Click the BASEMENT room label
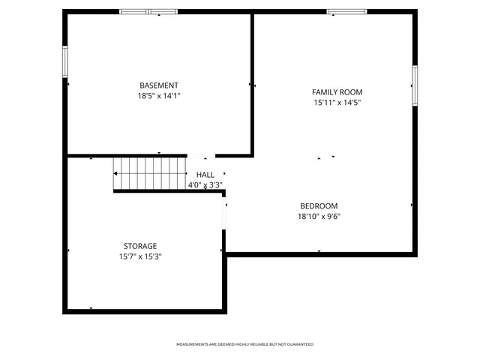coord(159,85)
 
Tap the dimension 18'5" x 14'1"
coord(159,96)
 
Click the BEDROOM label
coord(319,206)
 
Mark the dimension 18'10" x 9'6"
coord(319,217)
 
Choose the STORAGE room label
coord(140,246)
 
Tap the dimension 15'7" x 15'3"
coord(140,256)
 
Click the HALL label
coord(205,175)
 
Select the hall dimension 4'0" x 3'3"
coord(205,184)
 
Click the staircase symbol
coord(149,174)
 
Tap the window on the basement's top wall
coord(148,11)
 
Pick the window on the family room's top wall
coord(346,11)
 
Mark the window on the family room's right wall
coord(414,83)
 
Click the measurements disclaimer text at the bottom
coord(244,344)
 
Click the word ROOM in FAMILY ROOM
coord(351,92)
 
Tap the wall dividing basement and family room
coord(252,82)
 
